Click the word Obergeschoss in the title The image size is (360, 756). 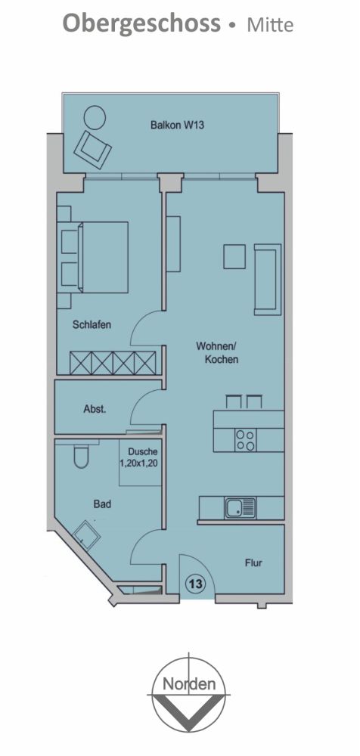tap(141, 23)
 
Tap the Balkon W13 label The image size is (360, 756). tap(177, 125)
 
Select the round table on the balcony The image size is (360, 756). tap(95, 117)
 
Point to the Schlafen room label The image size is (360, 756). tap(92, 325)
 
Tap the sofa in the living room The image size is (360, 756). tap(268, 278)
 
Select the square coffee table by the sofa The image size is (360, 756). tap(234, 257)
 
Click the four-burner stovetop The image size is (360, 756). tap(245, 440)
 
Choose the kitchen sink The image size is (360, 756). tap(240, 507)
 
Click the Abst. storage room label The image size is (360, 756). tap(95, 409)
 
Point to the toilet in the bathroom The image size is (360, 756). tap(82, 457)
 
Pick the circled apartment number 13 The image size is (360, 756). tap(194, 584)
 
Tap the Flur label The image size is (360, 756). tap(253, 563)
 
